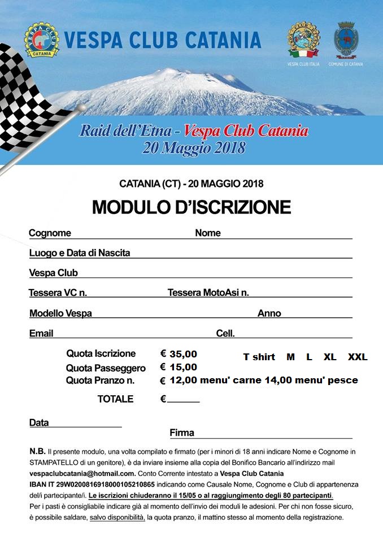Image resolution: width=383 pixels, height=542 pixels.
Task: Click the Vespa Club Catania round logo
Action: (x=41, y=40)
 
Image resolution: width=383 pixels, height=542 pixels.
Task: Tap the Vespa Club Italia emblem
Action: (x=303, y=40)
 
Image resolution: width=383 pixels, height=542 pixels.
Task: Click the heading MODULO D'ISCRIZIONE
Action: (x=191, y=207)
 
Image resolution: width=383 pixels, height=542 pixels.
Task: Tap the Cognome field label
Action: (x=50, y=233)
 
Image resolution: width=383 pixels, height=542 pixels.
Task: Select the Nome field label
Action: (x=208, y=233)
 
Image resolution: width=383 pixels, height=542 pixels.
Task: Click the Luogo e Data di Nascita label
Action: (x=80, y=253)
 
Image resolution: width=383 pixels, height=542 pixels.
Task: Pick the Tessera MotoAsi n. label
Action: (x=208, y=292)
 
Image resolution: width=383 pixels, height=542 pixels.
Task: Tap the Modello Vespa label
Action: (x=60, y=313)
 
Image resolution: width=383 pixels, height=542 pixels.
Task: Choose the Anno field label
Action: (x=269, y=313)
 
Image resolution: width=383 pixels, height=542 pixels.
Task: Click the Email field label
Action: (x=41, y=333)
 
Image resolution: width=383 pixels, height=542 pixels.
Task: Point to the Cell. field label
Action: (x=225, y=333)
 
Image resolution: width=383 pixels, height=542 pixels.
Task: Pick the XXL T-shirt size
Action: (x=358, y=357)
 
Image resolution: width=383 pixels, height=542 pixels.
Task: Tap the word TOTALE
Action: (x=115, y=399)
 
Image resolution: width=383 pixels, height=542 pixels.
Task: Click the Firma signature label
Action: (x=182, y=433)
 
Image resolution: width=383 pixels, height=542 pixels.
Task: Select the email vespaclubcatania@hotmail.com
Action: (x=82, y=473)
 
